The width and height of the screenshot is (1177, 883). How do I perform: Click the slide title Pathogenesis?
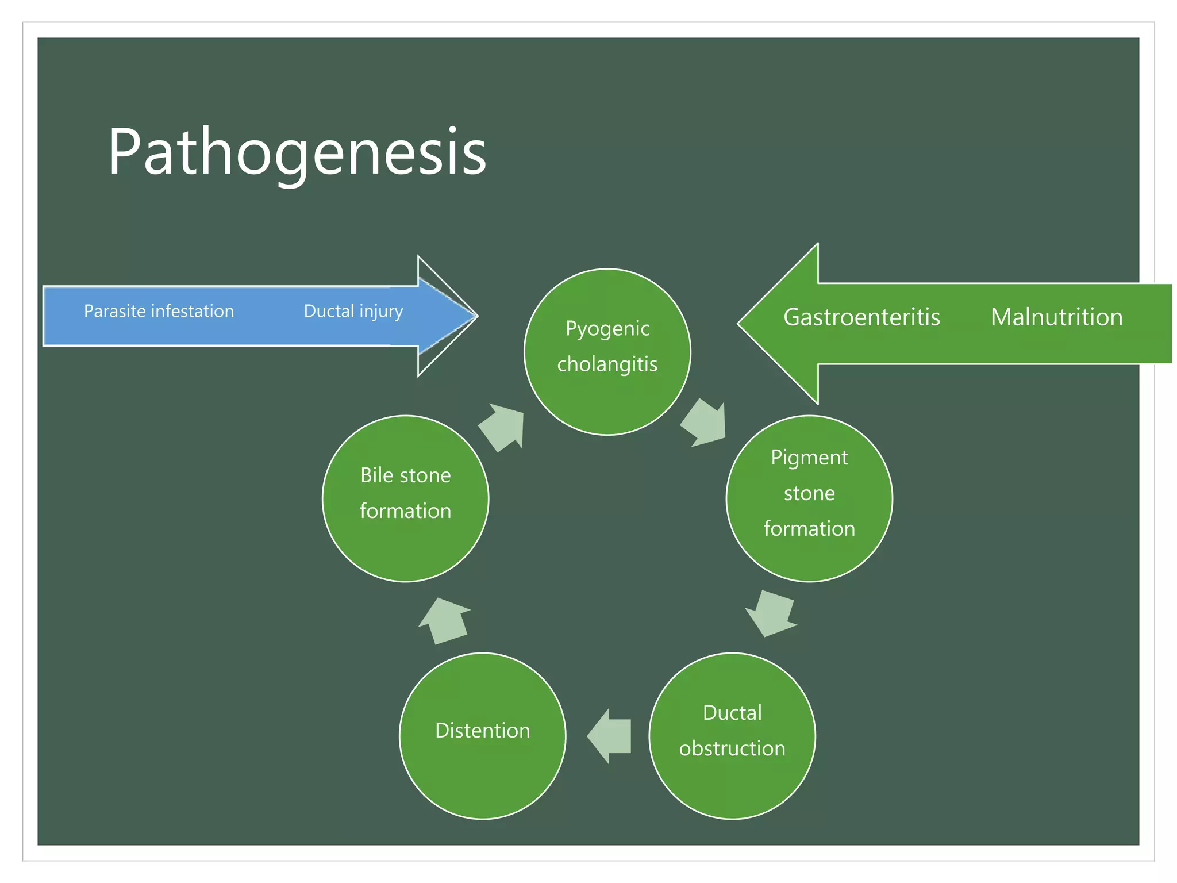(x=297, y=152)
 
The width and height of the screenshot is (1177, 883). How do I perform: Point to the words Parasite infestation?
(x=159, y=311)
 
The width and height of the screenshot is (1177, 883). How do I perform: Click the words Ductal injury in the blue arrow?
(x=353, y=311)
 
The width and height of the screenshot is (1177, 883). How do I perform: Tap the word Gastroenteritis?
(x=861, y=317)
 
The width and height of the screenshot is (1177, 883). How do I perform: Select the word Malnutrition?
(x=1056, y=317)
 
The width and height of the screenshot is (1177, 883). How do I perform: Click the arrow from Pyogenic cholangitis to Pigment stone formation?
(x=705, y=423)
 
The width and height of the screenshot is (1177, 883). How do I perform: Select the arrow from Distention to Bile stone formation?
(x=444, y=621)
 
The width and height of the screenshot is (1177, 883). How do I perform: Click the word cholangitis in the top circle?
(x=607, y=364)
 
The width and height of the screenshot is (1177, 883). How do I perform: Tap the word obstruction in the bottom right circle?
(x=732, y=748)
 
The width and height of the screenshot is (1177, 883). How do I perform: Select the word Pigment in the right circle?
(x=809, y=458)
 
